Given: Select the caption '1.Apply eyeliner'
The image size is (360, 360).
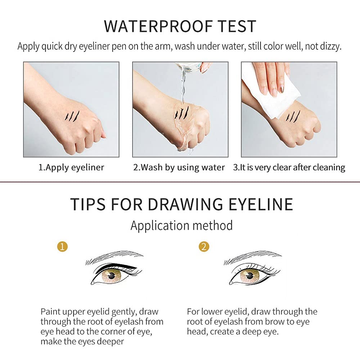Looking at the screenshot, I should coord(71,167).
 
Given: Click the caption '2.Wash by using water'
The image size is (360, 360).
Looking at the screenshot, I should coord(179,167).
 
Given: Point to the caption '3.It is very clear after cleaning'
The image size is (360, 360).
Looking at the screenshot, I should coord(289,167).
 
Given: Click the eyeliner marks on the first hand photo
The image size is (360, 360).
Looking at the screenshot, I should coord(72,115).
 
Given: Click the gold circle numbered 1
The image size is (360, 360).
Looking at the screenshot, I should coord(63,247).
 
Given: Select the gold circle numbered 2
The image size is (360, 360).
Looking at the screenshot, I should coord(204,247).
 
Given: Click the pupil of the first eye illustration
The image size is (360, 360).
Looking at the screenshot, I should coord(112,275).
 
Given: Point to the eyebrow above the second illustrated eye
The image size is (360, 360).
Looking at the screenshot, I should coord(252,256).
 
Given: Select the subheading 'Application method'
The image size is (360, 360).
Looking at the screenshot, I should coord(181,225).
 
